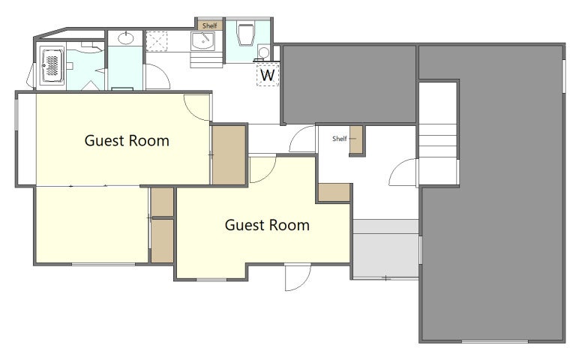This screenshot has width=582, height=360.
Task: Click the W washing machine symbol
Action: (268, 74)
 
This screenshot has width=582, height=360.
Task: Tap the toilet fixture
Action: (245, 34)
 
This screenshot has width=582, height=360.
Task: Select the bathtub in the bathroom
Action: (52, 66)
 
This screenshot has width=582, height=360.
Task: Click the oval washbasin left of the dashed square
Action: (126, 38)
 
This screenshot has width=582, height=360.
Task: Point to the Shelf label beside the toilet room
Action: (210, 25)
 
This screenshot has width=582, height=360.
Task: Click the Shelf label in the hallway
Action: (339, 139)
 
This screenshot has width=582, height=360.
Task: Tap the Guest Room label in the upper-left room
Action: (127, 141)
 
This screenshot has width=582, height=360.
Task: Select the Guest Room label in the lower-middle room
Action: (267, 225)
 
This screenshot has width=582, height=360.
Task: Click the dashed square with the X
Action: (156, 41)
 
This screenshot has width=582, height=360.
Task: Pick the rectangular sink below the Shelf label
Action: (202, 40)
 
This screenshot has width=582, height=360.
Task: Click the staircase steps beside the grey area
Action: (437, 140)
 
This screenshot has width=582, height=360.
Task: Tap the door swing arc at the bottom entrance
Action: (298, 277)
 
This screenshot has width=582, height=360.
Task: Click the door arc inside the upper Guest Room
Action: (197, 108)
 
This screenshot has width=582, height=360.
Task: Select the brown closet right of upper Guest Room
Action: (229, 154)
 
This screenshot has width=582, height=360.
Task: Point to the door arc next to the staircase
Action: (403, 172)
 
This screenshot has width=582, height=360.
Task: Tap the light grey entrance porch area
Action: (386, 248)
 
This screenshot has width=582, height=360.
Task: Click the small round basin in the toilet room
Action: (263, 52)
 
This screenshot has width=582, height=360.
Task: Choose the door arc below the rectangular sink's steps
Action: (157, 76)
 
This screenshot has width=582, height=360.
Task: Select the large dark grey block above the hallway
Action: (349, 84)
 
